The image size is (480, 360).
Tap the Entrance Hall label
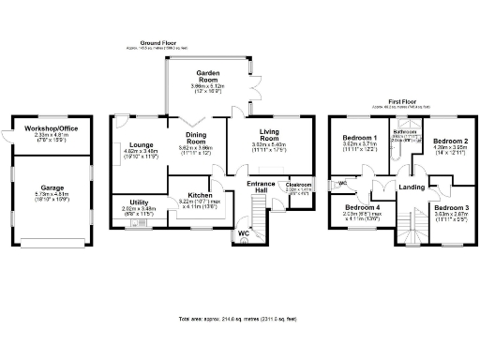(260, 187)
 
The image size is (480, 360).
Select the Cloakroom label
(298, 185)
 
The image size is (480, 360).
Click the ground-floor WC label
(243, 232)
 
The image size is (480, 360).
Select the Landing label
(412, 188)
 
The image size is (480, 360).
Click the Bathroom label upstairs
(405, 132)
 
